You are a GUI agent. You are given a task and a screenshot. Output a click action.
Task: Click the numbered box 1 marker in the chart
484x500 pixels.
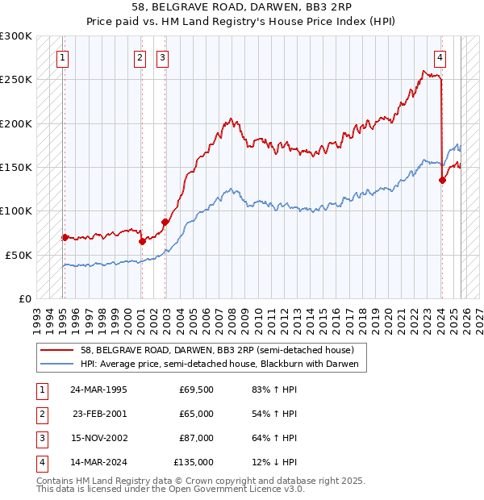pos(62,57)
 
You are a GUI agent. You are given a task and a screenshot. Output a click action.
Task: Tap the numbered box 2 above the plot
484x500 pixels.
pos(140,57)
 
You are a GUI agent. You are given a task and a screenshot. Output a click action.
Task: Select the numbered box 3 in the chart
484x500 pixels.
pos(162,57)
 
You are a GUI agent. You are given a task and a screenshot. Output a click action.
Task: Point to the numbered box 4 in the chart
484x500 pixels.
pos(440,57)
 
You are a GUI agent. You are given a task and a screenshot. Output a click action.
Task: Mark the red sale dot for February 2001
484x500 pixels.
pos(142,241)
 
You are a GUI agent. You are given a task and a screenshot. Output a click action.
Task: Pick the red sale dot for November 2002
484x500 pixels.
pos(165,222)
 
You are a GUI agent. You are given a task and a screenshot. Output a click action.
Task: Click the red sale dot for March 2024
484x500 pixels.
pos(442,180)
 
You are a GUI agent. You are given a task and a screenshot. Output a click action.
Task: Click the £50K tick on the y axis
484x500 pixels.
pos(19,255)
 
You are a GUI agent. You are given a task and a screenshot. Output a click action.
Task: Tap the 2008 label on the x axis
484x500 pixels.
pos(232,316)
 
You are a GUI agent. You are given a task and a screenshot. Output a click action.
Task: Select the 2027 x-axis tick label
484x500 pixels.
pos(478,316)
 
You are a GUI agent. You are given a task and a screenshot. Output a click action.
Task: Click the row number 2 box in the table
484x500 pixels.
pos(40,413)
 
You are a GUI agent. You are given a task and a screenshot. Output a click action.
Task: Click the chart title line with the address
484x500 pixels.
pos(242,10)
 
